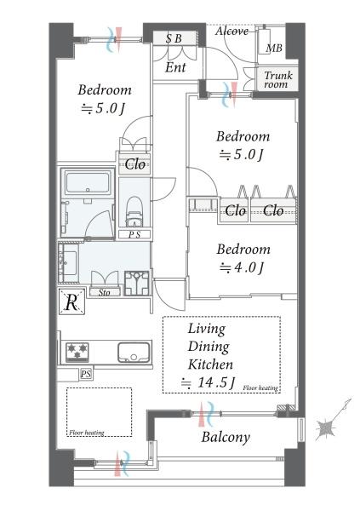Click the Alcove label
(x=231, y=31)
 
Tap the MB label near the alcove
(x=274, y=49)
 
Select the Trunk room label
(x=278, y=80)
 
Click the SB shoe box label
(x=174, y=38)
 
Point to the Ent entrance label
(x=175, y=67)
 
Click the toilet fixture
(x=134, y=211)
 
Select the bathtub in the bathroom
(x=88, y=183)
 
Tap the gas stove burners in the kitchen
(x=77, y=352)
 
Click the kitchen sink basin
(x=134, y=352)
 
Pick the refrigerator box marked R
(x=71, y=301)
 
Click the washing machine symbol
(x=137, y=284)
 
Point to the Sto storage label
(x=104, y=293)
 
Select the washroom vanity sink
(x=68, y=262)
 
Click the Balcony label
(x=226, y=438)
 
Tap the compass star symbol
(x=326, y=428)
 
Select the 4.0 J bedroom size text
(x=242, y=268)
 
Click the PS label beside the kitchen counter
(x=86, y=374)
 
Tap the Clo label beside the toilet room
(x=134, y=164)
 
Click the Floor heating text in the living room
(x=260, y=388)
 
